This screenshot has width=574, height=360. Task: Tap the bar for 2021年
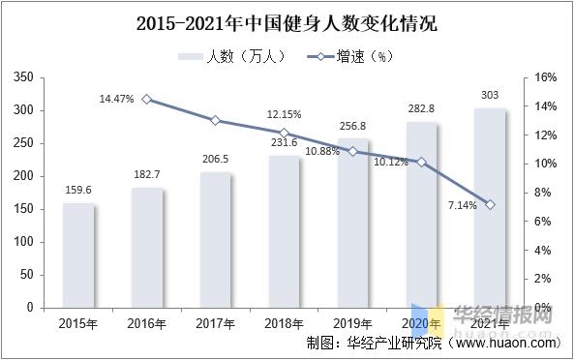[491, 207]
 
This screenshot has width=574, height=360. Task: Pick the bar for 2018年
[285, 231]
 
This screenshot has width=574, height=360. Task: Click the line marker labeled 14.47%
[147, 99]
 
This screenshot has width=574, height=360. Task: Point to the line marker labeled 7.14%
[491, 204]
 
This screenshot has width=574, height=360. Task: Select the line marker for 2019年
[353, 151]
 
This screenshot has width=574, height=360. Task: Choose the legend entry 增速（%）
[345, 55]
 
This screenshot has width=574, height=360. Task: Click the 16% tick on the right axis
[544, 77]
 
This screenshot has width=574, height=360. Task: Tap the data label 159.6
[79, 190]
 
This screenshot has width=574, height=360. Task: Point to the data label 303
[491, 95]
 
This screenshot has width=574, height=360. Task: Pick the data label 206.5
[217, 159]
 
